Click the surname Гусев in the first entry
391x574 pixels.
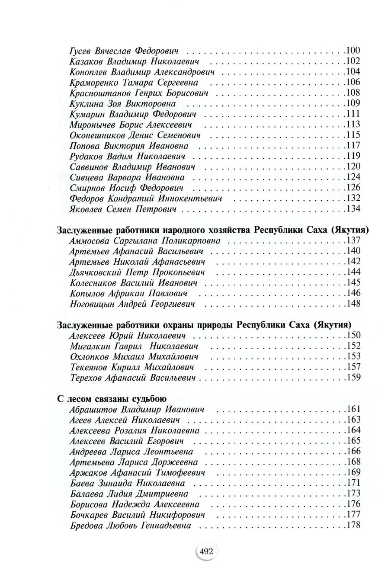[x=81, y=51]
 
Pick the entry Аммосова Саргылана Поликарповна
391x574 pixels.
[x=145, y=241]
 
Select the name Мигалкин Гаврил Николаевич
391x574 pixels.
[x=134, y=346]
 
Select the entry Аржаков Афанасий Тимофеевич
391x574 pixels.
[x=137, y=473]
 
